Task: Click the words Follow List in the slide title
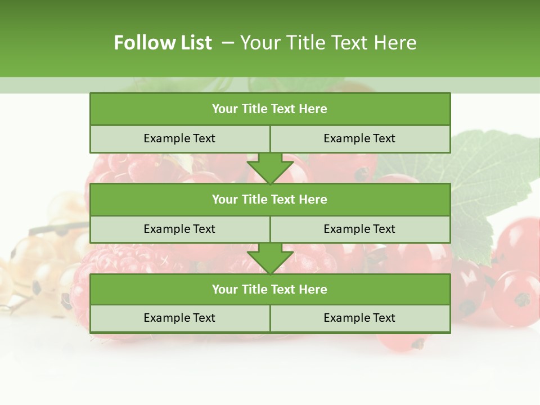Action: [163, 43]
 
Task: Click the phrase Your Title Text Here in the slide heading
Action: [328, 43]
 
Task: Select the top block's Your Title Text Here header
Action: [269, 109]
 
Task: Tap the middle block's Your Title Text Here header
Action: [269, 199]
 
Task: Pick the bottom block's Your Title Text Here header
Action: [269, 289]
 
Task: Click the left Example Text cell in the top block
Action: [179, 138]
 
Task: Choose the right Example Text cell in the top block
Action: [359, 138]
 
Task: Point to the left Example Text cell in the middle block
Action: [179, 229]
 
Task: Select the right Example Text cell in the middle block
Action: [359, 229]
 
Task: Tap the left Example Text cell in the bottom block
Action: [179, 318]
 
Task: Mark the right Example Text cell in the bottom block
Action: [359, 318]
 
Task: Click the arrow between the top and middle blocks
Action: [270, 168]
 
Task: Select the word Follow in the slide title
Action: [143, 43]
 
